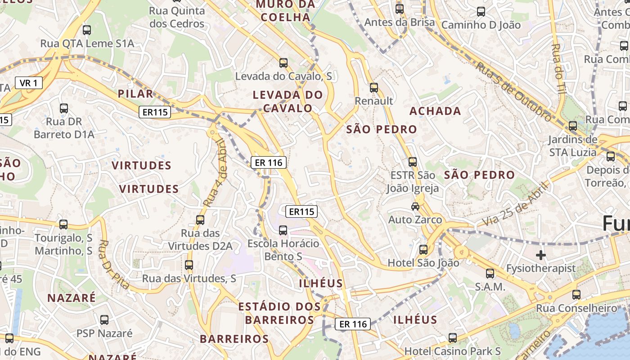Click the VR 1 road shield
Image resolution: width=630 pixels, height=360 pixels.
29,83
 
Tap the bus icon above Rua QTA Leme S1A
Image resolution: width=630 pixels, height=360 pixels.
87,30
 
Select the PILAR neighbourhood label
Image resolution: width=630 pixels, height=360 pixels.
135,94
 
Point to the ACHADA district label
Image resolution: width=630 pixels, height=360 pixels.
435,111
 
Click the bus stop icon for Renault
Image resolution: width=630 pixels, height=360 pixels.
374,88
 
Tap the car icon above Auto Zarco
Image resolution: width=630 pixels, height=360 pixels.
415,207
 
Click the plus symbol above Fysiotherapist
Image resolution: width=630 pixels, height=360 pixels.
540,255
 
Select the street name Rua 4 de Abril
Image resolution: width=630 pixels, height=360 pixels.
215,173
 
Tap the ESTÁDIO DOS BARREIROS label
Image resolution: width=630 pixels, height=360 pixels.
279,313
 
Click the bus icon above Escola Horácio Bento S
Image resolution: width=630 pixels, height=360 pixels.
283,230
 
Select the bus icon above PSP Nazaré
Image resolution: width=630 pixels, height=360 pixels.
104,320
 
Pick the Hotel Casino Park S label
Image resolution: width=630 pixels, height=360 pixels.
453,351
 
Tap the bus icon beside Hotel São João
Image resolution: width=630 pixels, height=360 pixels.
423,250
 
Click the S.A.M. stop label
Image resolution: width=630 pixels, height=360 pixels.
490,287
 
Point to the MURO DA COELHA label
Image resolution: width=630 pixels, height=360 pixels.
285,11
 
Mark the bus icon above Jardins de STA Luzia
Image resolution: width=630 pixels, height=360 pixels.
572,126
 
